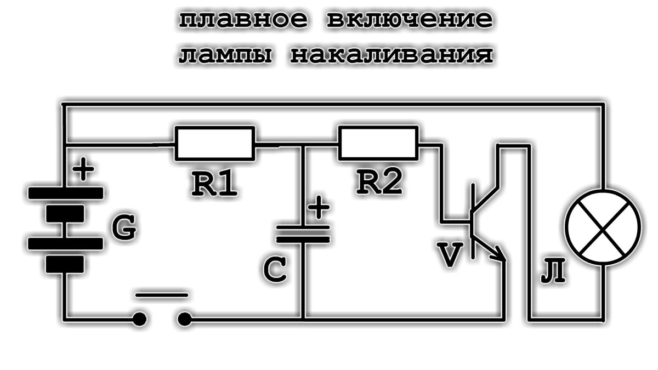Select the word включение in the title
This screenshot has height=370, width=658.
(409, 21)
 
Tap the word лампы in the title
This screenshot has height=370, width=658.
(225, 55)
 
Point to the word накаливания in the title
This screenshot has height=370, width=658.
(390, 55)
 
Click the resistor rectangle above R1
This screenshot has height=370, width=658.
(215, 144)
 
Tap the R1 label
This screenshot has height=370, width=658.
(214, 185)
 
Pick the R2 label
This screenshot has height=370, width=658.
(379, 183)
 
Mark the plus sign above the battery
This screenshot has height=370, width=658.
(83, 170)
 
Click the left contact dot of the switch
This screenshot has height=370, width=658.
(139, 317)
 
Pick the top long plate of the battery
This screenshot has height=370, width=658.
(65, 193)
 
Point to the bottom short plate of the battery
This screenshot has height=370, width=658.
(65, 264)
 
